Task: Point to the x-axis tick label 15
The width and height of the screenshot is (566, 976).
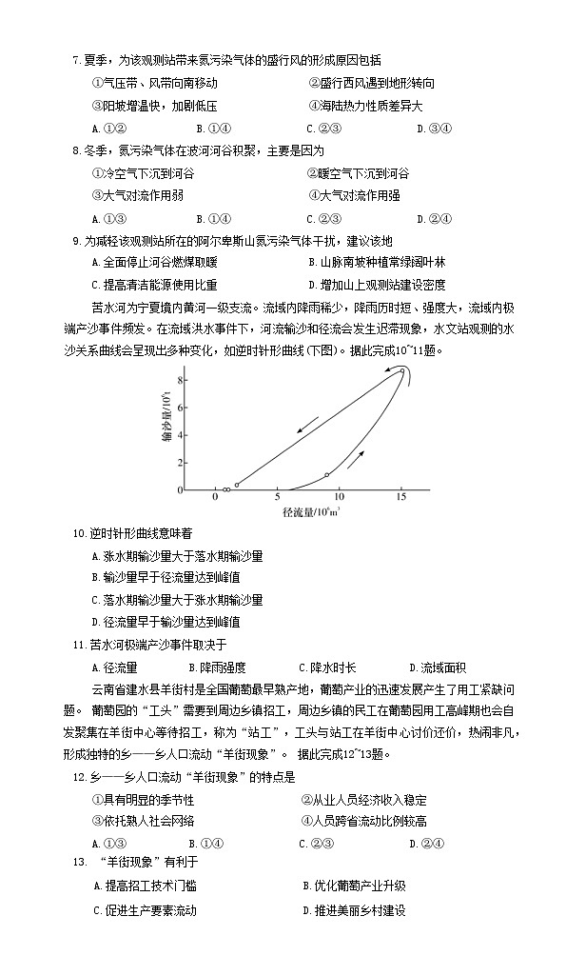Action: coord(401,498)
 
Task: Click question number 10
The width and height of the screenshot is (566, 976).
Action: coord(80,532)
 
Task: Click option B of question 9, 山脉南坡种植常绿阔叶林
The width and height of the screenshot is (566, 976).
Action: coord(376,262)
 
